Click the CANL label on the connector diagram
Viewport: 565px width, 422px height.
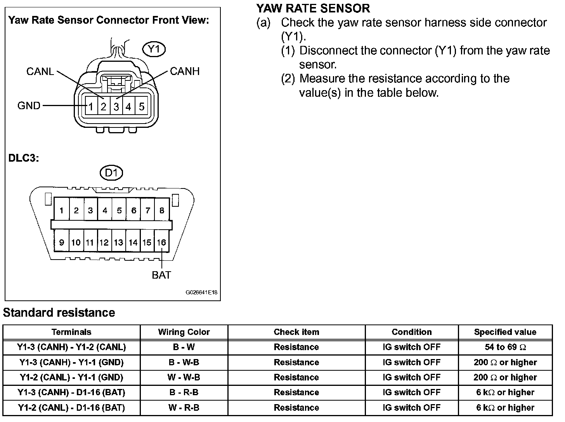click(40, 71)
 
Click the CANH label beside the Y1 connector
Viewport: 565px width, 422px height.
click(185, 71)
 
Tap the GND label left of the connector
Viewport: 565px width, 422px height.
click(29, 106)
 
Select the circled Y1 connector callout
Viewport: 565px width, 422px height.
click(154, 49)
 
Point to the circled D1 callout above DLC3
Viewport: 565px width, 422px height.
click(111, 173)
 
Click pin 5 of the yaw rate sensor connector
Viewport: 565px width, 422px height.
click(142, 106)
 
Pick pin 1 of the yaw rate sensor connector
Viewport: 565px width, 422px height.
click(90, 106)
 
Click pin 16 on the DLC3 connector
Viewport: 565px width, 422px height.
click(161, 242)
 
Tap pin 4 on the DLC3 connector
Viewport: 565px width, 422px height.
click(105, 211)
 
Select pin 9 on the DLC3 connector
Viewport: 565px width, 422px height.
click(62, 242)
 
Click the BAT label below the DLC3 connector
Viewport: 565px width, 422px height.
click(161, 275)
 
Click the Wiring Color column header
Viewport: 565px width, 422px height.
click(184, 332)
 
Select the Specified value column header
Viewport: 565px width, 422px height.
click(505, 332)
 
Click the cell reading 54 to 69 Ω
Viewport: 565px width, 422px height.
click(505, 347)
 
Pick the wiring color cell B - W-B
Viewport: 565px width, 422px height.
click(184, 363)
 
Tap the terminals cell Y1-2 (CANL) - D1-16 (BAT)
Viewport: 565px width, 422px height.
click(71, 408)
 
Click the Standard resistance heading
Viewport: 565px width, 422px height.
click(59, 313)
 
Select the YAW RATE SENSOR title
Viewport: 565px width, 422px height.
click(313, 8)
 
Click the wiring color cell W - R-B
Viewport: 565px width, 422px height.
click(184, 408)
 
